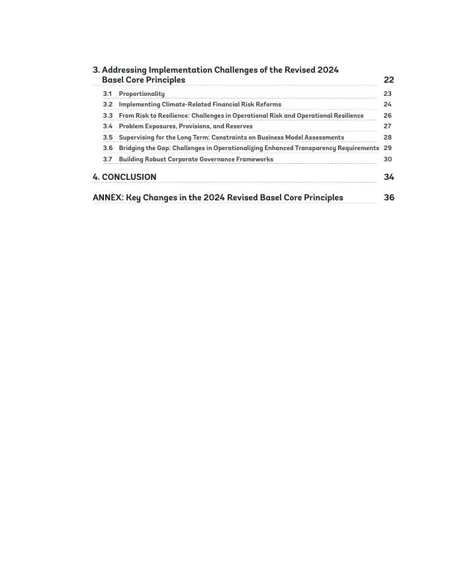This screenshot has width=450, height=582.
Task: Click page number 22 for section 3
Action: pos(388,80)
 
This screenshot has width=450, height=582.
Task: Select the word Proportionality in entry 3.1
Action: pos(142,94)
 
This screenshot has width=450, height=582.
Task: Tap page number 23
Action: pos(387,94)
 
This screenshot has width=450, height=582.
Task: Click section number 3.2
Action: pos(107,104)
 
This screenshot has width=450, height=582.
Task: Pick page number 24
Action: pos(387,104)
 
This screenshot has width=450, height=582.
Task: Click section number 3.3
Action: pos(107,116)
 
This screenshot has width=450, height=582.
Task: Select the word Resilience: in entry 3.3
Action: pos(173,116)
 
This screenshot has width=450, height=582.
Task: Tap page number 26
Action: pos(387,116)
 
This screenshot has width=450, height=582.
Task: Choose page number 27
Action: pos(387,126)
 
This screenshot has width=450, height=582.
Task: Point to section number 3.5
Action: pos(107,138)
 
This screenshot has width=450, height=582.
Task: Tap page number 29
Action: pos(387,148)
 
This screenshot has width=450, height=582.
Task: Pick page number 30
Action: pos(387,159)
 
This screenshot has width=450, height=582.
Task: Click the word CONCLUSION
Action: pos(129,177)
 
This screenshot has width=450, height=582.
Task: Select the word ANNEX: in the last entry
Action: pos(108,198)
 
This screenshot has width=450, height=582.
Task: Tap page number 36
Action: pos(388,198)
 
